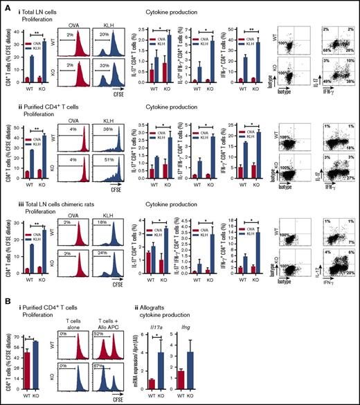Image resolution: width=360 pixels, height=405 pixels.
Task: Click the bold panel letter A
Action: [4, 5]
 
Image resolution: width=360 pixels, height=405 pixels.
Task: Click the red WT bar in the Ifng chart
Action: [181, 377]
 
